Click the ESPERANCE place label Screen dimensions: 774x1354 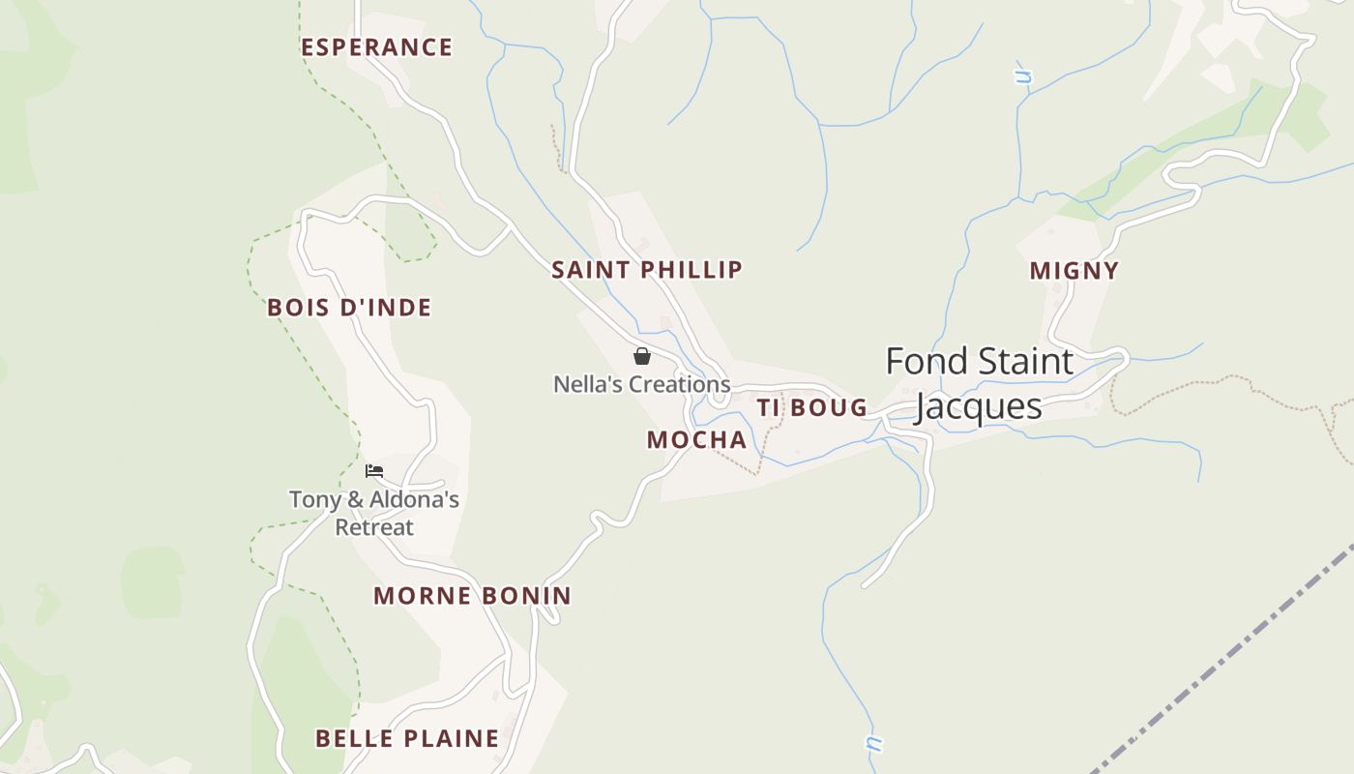point(376,47)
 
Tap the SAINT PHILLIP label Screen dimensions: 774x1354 point(647,270)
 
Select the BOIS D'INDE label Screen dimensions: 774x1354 point(349,308)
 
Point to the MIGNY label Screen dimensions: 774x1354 point(1074,271)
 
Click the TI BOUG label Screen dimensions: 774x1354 point(812,408)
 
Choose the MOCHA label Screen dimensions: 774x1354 point(696,440)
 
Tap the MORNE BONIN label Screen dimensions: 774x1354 point(472,596)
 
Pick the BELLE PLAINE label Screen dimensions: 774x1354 point(407,739)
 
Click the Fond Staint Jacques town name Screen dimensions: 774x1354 point(979,383)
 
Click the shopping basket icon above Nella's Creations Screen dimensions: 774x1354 point(642,356)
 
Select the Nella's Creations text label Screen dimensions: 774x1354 point(641,384)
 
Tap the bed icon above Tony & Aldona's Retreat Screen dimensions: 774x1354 point(374,471)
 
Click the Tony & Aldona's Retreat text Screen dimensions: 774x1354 point(374,514)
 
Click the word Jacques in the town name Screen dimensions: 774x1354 point(979,406)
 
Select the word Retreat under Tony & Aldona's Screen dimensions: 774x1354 point(374,527)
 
